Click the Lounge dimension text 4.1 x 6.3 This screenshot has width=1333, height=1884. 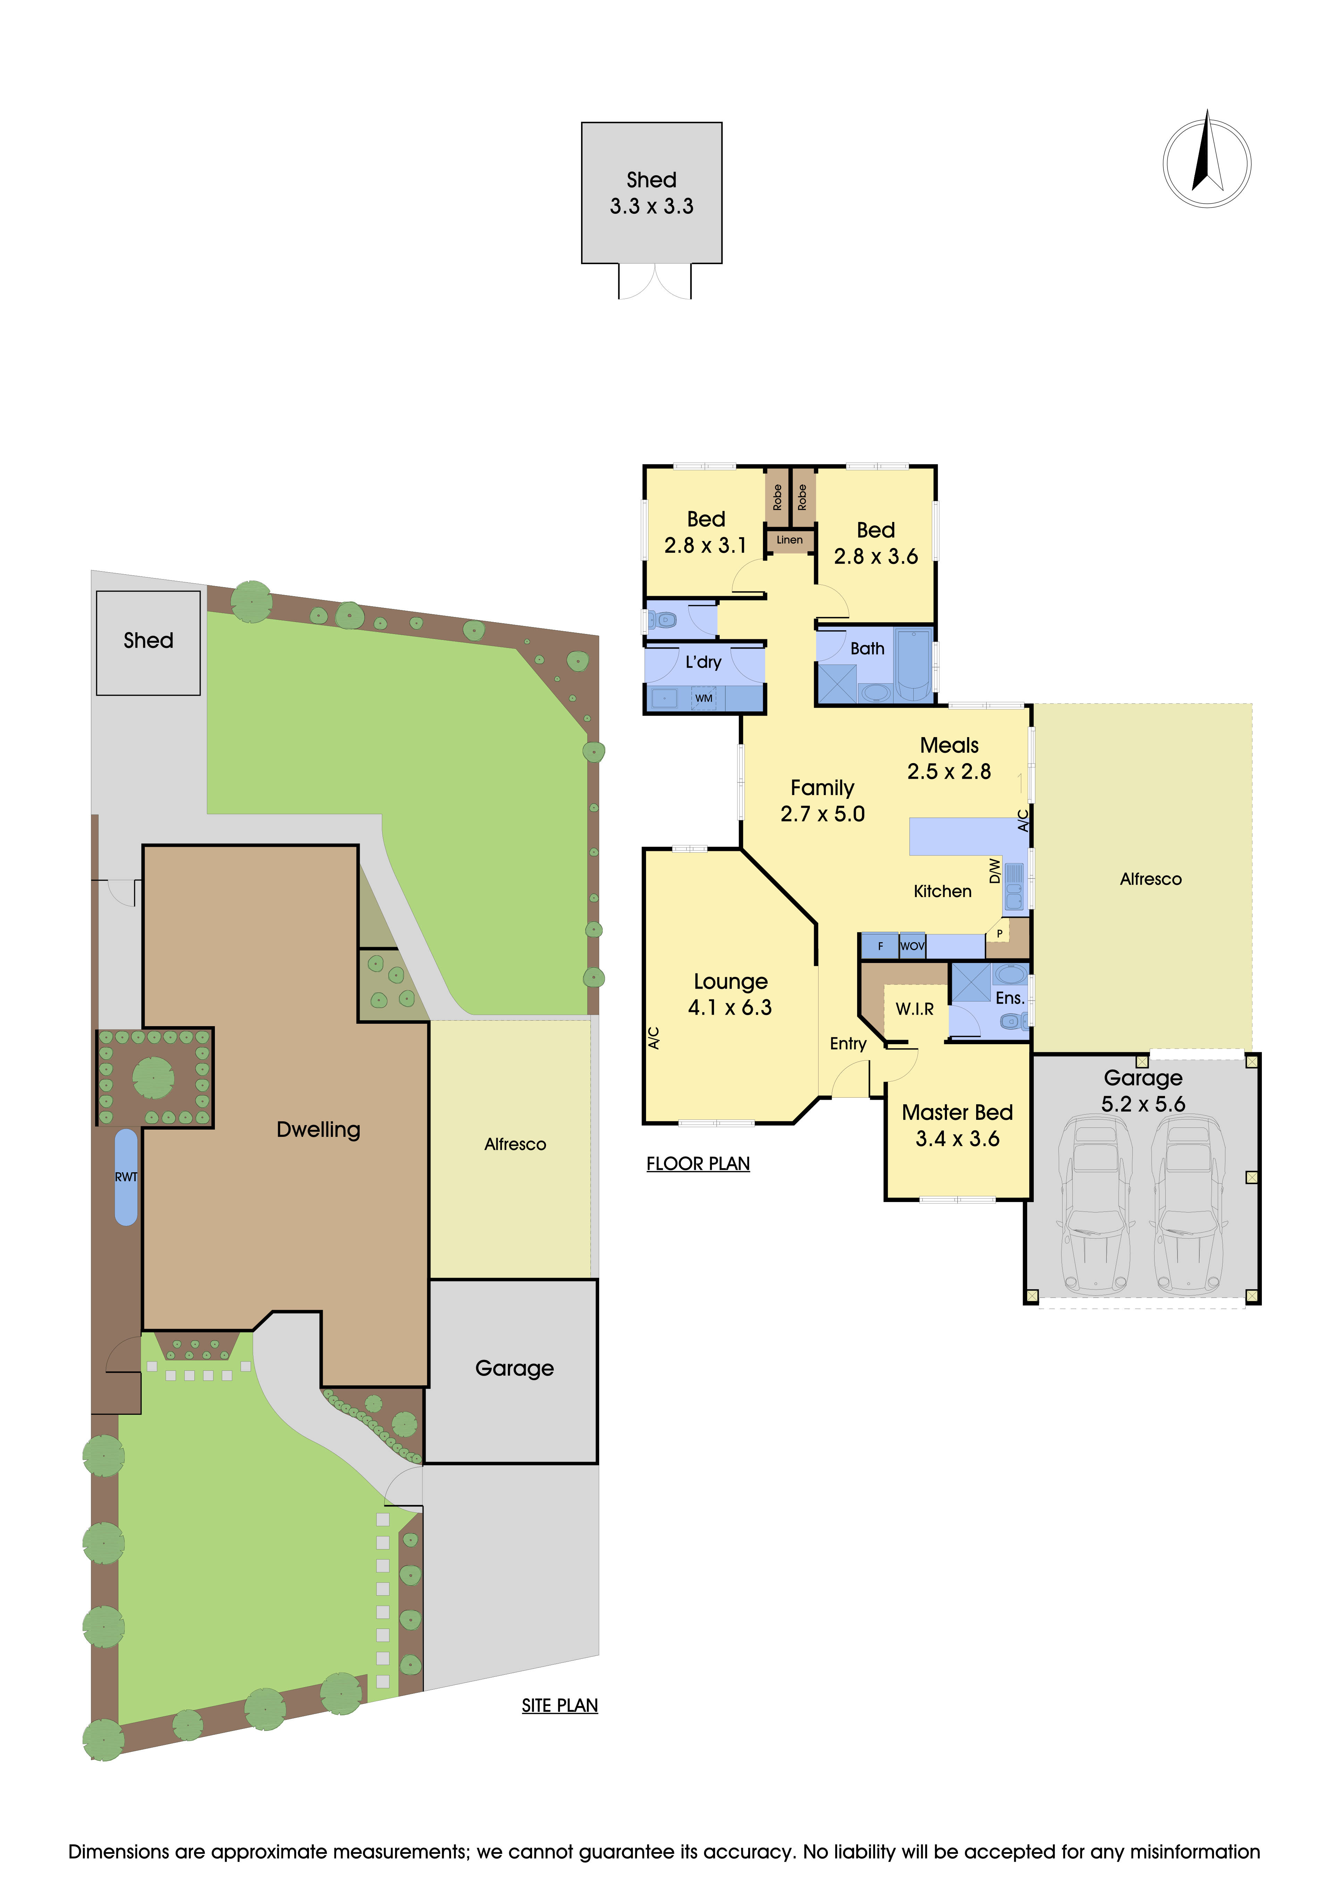(x=730, y=1008)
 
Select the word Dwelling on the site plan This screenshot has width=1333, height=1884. (x=318, y=1130)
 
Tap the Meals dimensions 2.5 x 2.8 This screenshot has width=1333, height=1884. (x=949, y=771)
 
